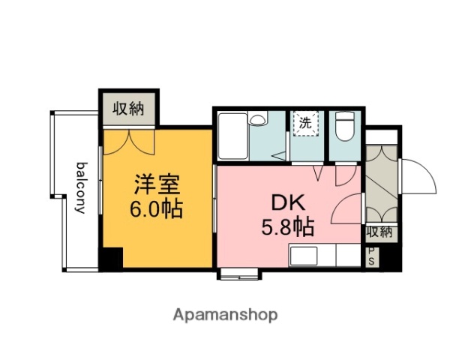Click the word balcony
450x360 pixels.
[x=80, y=187]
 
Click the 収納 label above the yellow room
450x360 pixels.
[x=129, y=109]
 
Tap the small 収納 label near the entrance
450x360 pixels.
[x=379, y=232]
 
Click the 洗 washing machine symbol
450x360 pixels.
[x=306, y=123]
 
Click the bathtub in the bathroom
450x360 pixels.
[x=232, y=136]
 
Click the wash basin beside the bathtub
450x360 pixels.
[x=257, y=120]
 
